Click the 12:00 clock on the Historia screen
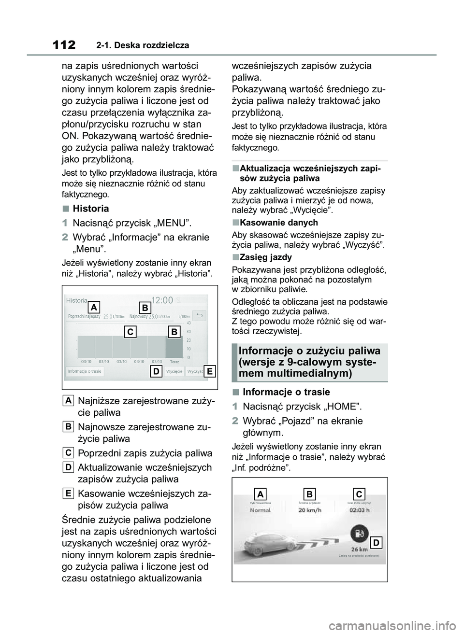(162, 300)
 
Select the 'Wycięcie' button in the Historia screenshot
(174, 371)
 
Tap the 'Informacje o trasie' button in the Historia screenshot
(85, 371)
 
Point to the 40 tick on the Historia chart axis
(188, 323)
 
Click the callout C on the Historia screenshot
(130, 332)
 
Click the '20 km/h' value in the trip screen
(310, 510)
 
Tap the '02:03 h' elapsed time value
(359, 510)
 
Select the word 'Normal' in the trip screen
(260, 510)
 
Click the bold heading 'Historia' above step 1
(91, 209)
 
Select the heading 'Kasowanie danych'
(279, 223)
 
